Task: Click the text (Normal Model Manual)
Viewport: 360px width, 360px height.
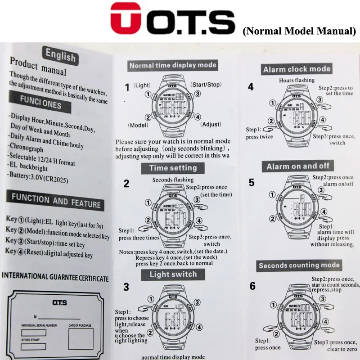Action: click(299, 31)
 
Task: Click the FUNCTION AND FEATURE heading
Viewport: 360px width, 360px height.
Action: click(56, 201)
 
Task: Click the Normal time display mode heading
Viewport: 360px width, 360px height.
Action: click(173, 65)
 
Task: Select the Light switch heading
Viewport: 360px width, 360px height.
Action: click(173, 274)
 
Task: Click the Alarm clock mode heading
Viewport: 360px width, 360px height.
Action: click(297, 69)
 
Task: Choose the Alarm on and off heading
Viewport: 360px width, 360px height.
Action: click(298, 166)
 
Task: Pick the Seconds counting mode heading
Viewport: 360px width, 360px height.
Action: click(299, 265)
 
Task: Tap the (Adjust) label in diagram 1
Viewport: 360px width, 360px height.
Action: click(211, 124)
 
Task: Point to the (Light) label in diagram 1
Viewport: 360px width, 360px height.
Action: click(142, 85)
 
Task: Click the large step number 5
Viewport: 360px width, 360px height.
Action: click(252, 183)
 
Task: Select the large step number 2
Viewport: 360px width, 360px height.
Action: click(126, 184)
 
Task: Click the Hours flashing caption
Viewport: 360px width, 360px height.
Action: click(297, 80)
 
